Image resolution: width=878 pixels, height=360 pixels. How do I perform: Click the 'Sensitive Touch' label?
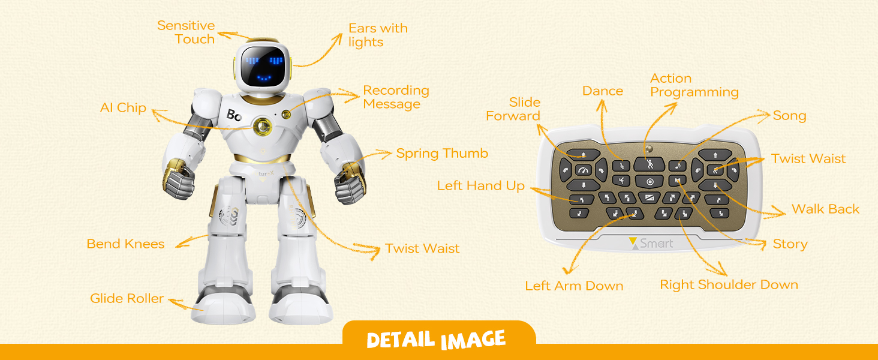click(x=185, y=32)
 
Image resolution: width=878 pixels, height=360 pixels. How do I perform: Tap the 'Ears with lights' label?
click(x=378, y=35)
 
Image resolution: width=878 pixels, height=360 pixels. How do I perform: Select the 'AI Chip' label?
click(x=123, y=108)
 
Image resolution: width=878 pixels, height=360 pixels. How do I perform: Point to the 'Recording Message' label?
click(x=396, y=97)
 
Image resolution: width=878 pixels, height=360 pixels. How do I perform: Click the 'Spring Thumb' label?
click(x=442, y=154)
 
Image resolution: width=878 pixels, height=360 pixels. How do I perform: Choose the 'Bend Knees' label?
click(x=125, y=244)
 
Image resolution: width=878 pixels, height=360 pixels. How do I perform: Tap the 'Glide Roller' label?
click(x=127, y=298)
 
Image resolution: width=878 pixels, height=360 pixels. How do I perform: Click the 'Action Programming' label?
click(x=694, y=85)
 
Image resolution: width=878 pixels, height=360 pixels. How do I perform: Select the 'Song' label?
click(x=789, y=116)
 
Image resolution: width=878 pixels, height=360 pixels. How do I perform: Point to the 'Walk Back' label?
click(x=825, y=209)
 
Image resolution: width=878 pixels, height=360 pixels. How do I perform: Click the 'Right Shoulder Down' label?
click(x=729, y=285)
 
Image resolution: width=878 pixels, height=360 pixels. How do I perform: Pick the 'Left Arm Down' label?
click(x=574, y=286)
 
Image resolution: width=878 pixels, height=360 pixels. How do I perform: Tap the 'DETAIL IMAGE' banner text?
click(x=436, y=340)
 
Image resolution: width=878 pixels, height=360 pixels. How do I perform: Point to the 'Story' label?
click(x=790, y=244)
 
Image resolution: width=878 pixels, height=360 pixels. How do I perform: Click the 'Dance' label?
click(x=603, y=91)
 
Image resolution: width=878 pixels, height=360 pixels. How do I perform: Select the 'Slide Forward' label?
click(x=513, y=109)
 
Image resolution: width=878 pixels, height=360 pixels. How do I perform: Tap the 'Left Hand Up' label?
click(x=480, y=186)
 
